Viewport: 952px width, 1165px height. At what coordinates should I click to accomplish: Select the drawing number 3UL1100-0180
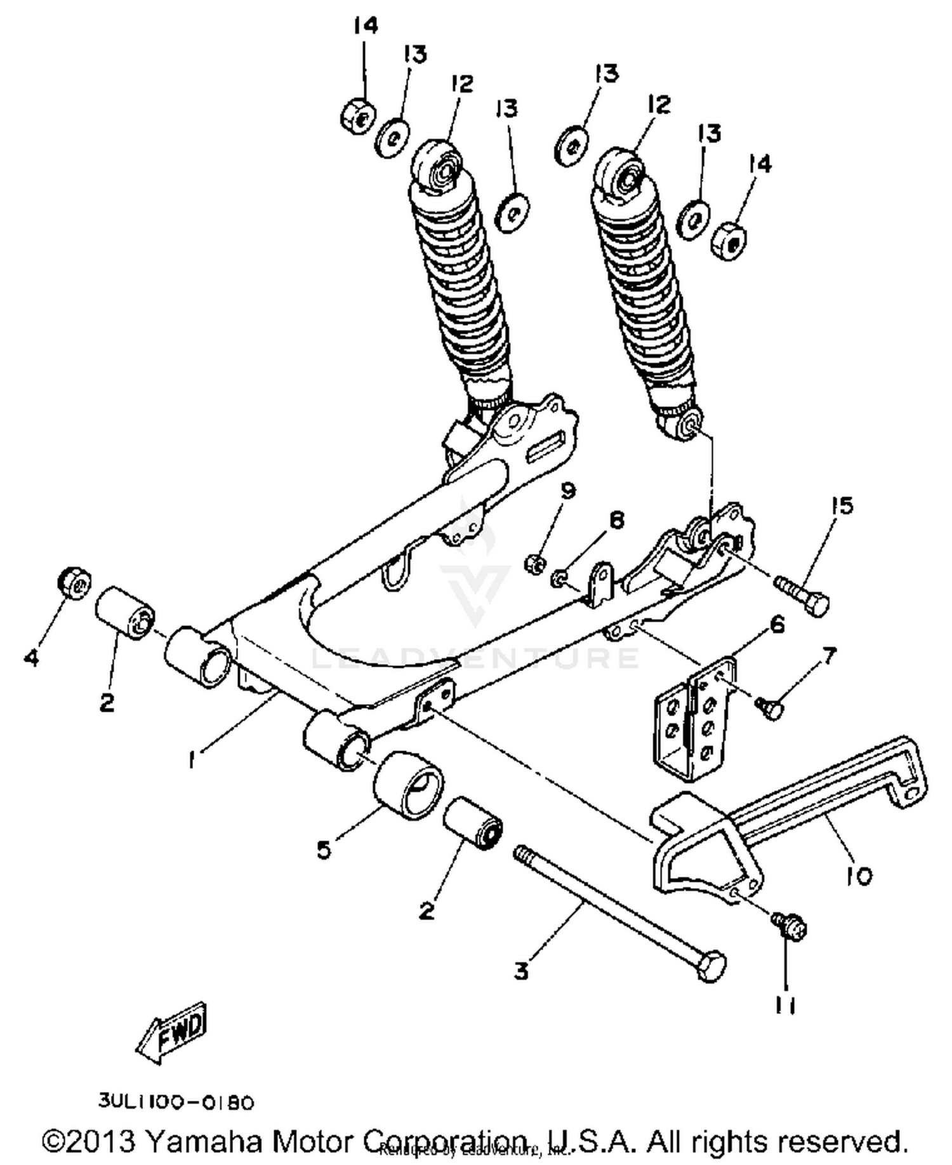[176, 1102]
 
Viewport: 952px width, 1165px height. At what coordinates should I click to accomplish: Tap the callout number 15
[842, 506]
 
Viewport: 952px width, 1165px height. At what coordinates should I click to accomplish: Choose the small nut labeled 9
[535, 563]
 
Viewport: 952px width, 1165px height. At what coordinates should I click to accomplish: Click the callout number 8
[616, 520]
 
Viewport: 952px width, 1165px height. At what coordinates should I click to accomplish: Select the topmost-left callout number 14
[366, 26]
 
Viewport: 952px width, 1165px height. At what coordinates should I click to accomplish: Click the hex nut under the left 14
[357, 115]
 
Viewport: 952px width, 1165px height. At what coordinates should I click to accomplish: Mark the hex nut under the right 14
[729, 241]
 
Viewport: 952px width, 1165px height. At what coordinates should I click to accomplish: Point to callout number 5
[324, 849]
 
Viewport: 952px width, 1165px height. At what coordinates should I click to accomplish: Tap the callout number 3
[520, 970]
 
